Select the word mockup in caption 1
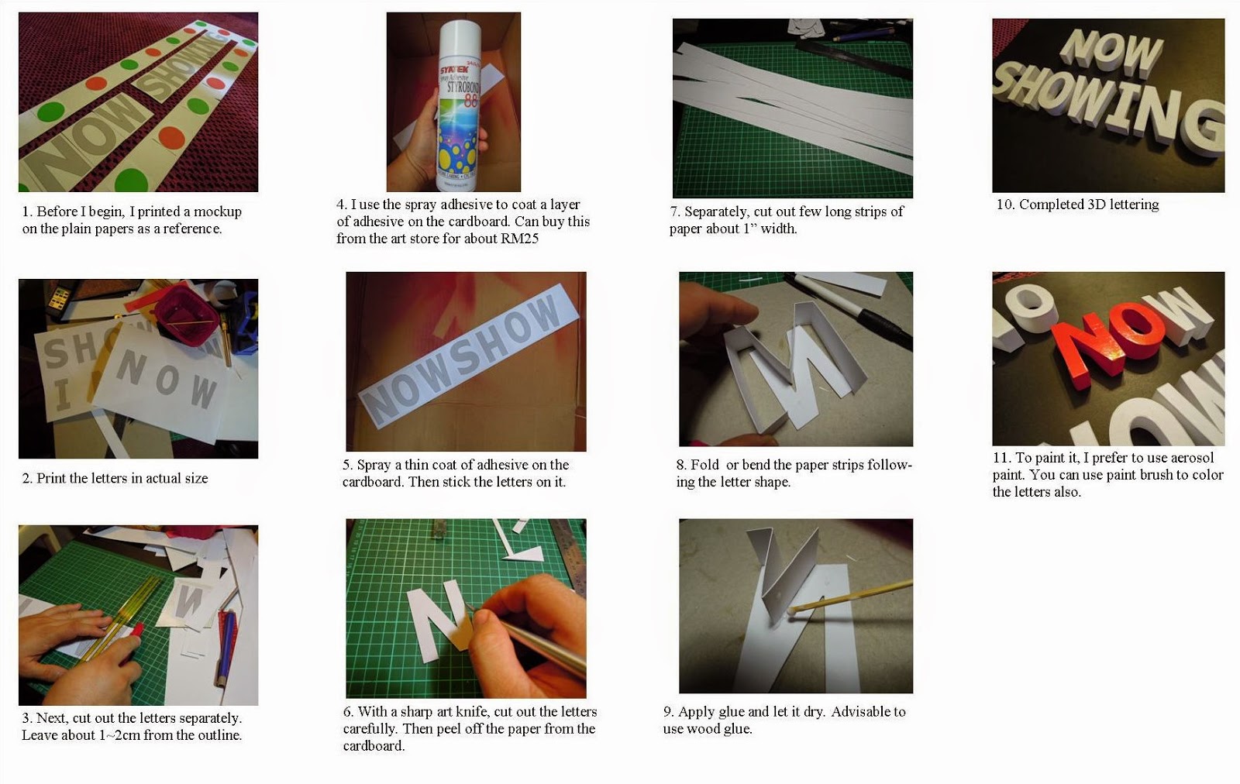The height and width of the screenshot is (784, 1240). point(217,211)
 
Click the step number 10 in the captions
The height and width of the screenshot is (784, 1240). point(1004,205)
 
